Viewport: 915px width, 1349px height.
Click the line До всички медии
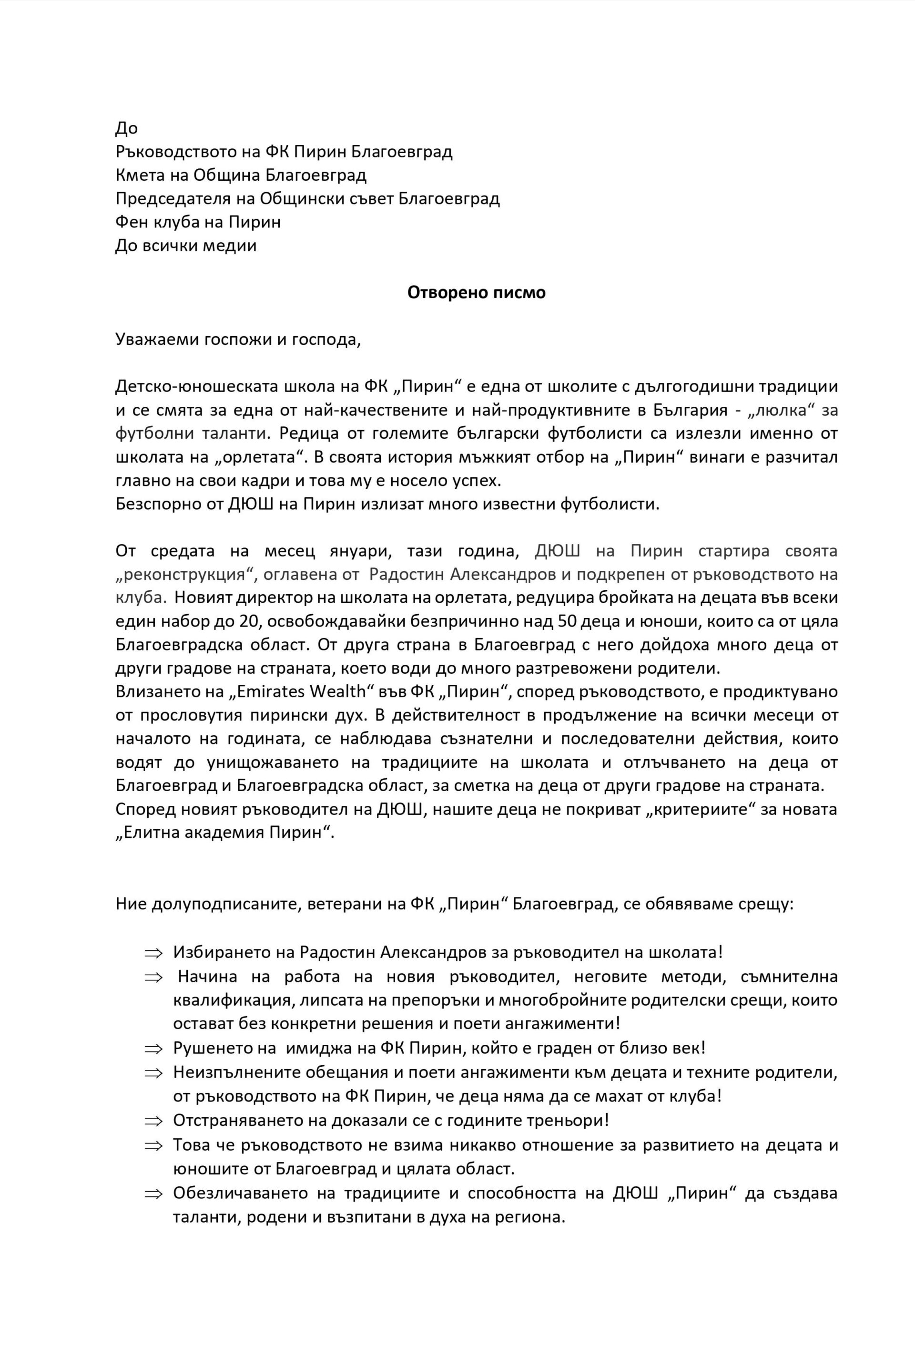tap(186, 246)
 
